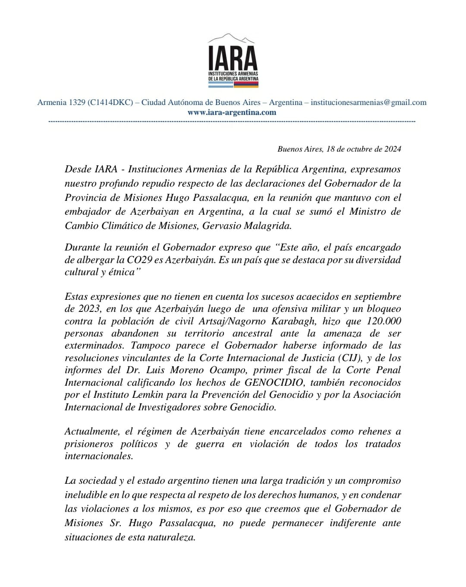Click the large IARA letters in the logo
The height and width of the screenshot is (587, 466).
233,58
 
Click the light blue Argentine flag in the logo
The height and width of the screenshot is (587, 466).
220,85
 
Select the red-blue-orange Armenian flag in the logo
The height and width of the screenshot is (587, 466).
246,85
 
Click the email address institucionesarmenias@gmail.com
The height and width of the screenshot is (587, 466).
368,102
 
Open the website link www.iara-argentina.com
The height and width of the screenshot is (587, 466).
232,112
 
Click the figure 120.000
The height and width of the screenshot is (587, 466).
384,321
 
